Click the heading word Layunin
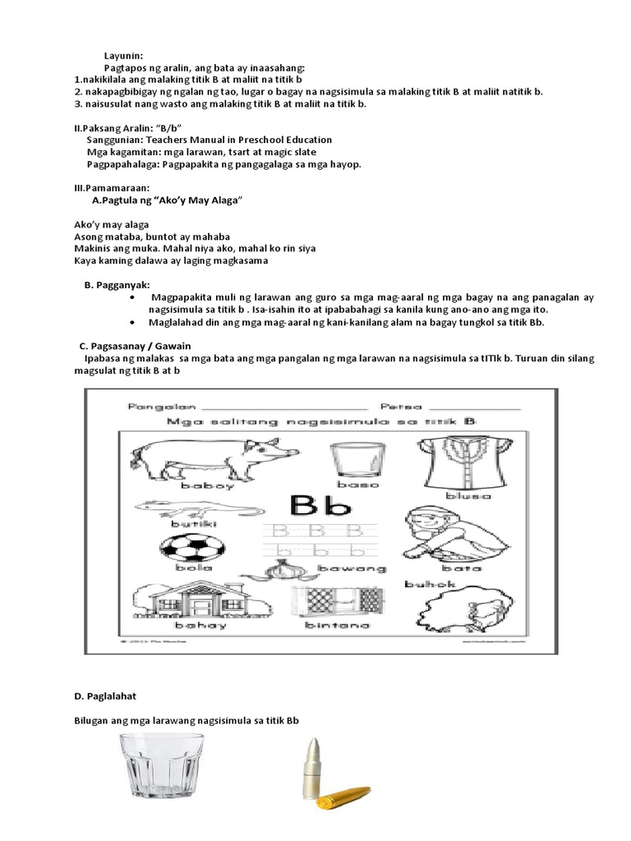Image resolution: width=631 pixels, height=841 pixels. pos(124,53)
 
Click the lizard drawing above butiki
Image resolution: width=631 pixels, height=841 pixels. pos(172,508)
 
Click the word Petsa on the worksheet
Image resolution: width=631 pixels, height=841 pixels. pos(399,406)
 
